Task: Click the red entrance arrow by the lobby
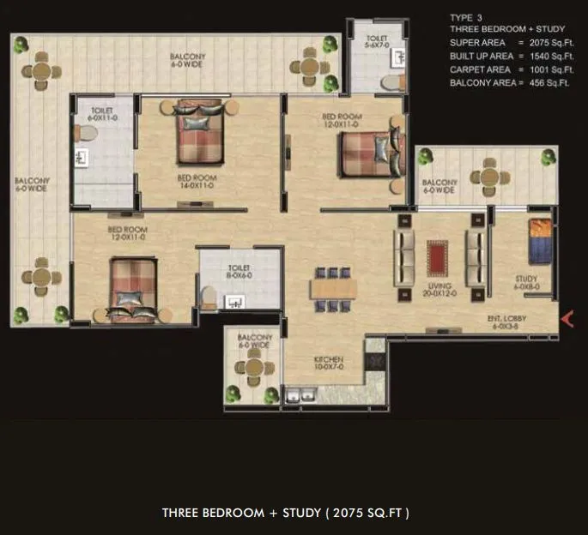pyautogui.click(x=567, y=319)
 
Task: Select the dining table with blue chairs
pyautogui.click(x=331, y=287)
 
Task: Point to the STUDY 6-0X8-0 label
pyautogui.click(x=526, y=283)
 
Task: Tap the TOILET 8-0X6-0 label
pyautogui.click(x=239, y=272)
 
